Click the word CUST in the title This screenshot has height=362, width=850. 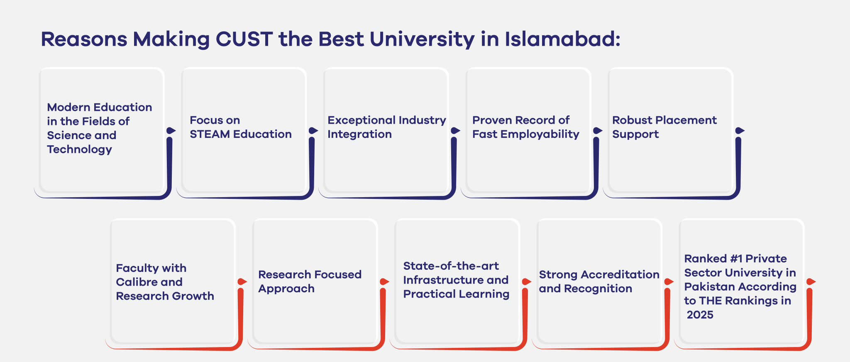[244, 39]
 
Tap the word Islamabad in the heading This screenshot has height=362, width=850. [562, 39]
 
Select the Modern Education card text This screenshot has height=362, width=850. [99, 128]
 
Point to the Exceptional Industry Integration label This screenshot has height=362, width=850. [386, 127]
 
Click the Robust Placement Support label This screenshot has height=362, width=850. [664, 127]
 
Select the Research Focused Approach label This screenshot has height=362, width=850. [310, 281]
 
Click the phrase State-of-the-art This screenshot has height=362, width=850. [451, 266]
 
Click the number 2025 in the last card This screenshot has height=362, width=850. [700, 315]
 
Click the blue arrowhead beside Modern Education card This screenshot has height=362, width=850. [171, 131]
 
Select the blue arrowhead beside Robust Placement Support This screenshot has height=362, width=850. [739, 131]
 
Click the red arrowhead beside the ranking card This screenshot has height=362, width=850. [811, 282]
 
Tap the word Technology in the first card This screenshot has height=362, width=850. [79, 149]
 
